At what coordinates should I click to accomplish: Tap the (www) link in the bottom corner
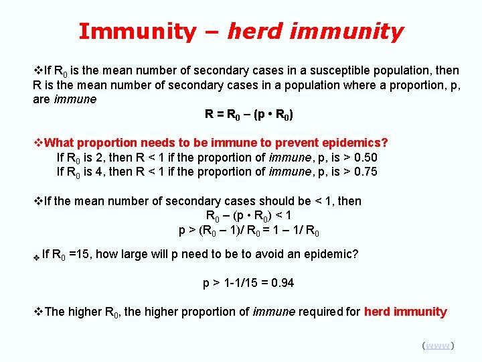tap(438, 345)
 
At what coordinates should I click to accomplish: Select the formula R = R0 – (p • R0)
tap(249, 115)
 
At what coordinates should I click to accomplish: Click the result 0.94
tap(280, 283)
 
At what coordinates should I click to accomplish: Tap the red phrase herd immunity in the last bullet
tap(406, 312)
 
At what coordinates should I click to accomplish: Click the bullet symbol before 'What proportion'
tap(37, 143)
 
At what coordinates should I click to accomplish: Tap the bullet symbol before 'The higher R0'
tap(37, 312)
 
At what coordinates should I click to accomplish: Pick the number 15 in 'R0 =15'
tap(78, 254)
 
